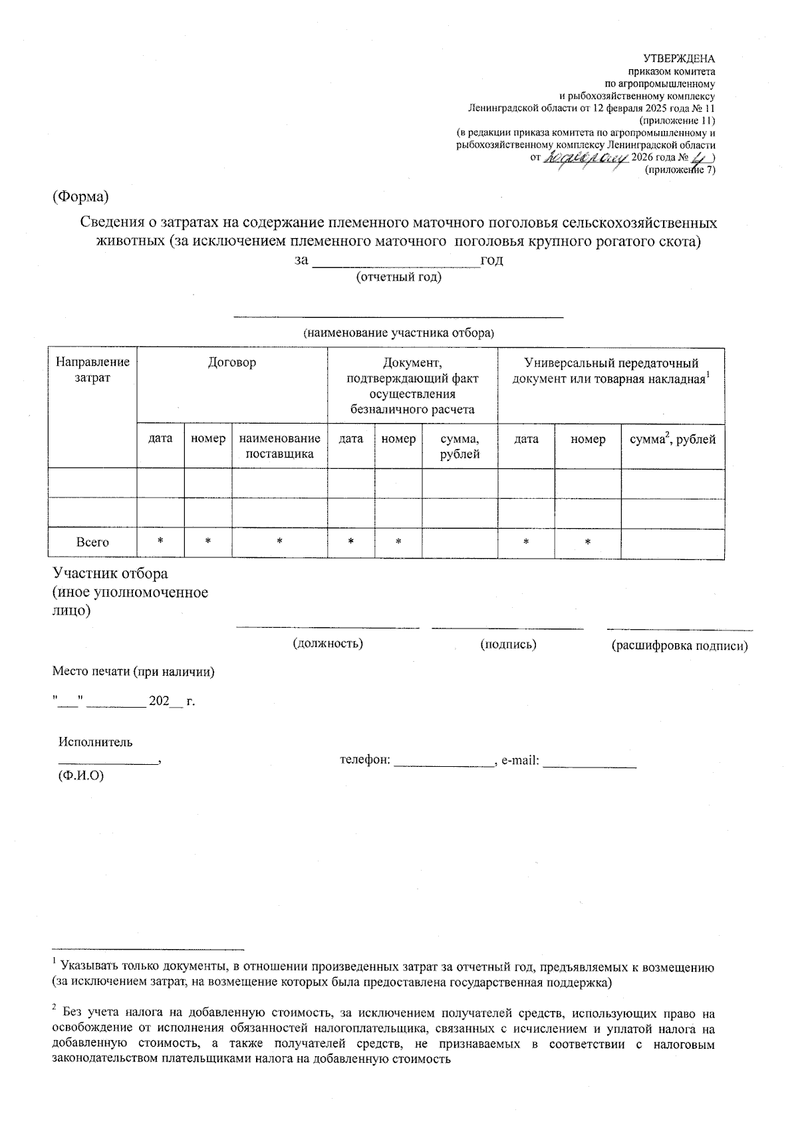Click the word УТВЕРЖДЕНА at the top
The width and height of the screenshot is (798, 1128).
click(x=683, y=59)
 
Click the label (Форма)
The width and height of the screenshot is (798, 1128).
click(x=81, y=198)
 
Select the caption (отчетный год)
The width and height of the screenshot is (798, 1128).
click(x=399, y=277)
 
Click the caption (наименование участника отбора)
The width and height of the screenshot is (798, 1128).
click(x=399, y=333)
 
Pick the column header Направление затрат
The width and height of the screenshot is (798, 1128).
click(x=92, y=370)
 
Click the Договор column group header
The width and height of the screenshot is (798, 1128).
click(x=231, y=363)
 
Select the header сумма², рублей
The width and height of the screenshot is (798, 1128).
click(x=672, y=439)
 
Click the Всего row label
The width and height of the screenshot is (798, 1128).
click(x=92, y=542)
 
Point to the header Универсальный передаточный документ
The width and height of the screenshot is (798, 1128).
click(x=610, y=370)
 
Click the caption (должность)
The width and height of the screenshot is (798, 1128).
click(x=328, y=643)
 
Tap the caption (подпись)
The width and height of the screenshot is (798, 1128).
click(x=508, y=644)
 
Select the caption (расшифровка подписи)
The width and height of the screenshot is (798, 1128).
click(x=680, y=645)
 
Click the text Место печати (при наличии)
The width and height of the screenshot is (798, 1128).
click(x=134, y=672)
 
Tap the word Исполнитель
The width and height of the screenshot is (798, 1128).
click(x=96, y=742)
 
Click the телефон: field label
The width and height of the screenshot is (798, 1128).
click(x=365, y=760)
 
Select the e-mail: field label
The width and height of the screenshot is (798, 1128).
click(x=520, y=760)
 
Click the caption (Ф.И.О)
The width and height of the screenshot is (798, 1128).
click(x=81, y=775)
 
